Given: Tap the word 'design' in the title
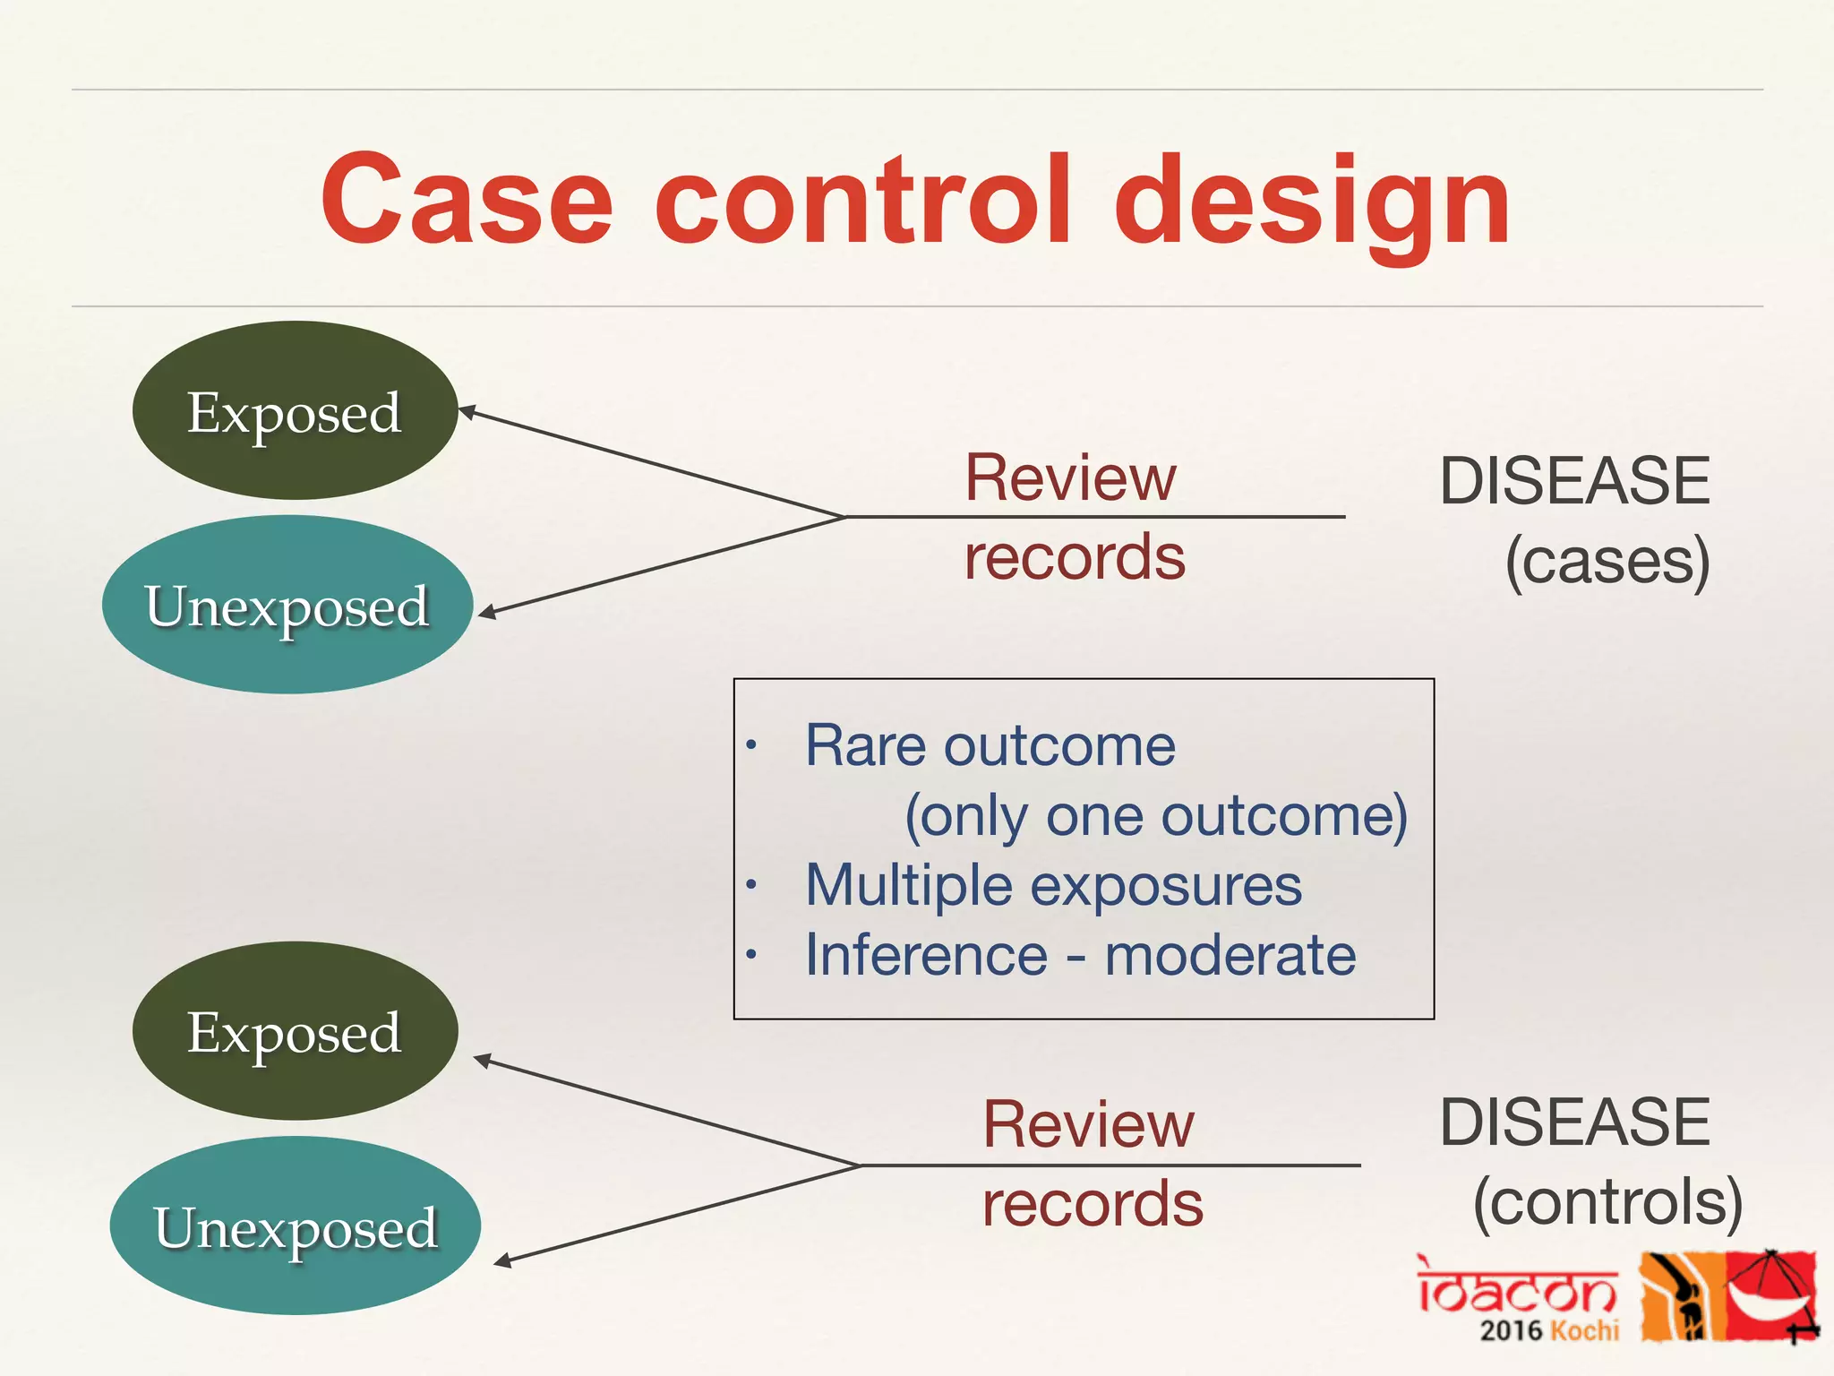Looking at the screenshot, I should pos(1312,202).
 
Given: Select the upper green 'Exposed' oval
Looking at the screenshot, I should pos(295,411).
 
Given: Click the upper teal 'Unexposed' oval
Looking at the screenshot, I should pos(287,605).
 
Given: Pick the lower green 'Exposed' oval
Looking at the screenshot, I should pos(295,1031).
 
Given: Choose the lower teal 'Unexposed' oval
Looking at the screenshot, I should pos(296,1225).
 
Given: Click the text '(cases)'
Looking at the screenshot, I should pos(1607,562).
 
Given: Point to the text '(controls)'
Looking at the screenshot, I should pos(1607,1201).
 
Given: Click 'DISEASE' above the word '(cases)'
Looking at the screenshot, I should pos(1574,481).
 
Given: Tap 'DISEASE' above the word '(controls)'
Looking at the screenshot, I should pos(1574,1122).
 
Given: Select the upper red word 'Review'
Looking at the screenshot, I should pos(1070,477).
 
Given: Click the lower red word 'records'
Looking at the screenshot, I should pos(1093,1203).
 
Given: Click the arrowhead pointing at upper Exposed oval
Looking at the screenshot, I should pos(467,412).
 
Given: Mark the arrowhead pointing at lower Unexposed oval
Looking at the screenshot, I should pos(502,1261).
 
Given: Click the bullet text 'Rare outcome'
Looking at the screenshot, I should pos(990,745).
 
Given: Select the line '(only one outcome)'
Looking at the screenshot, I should pos(1156,816).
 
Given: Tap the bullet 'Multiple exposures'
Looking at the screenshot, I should pos(1053,885).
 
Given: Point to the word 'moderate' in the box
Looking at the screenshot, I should pos(1230,955).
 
